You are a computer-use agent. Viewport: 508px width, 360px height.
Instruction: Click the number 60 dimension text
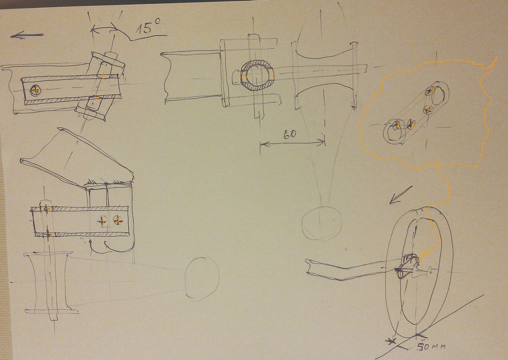[289, 134]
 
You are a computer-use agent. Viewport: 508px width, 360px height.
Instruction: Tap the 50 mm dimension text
[430, 347]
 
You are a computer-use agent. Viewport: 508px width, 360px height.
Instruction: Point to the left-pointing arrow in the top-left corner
[26, 35]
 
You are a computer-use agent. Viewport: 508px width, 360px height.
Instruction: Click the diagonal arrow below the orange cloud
[401, 195]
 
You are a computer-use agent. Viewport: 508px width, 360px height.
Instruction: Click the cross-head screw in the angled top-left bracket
[35, 90]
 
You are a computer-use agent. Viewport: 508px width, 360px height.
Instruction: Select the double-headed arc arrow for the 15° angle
[104, 28]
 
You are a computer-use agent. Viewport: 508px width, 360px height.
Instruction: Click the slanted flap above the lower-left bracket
[78, 159]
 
